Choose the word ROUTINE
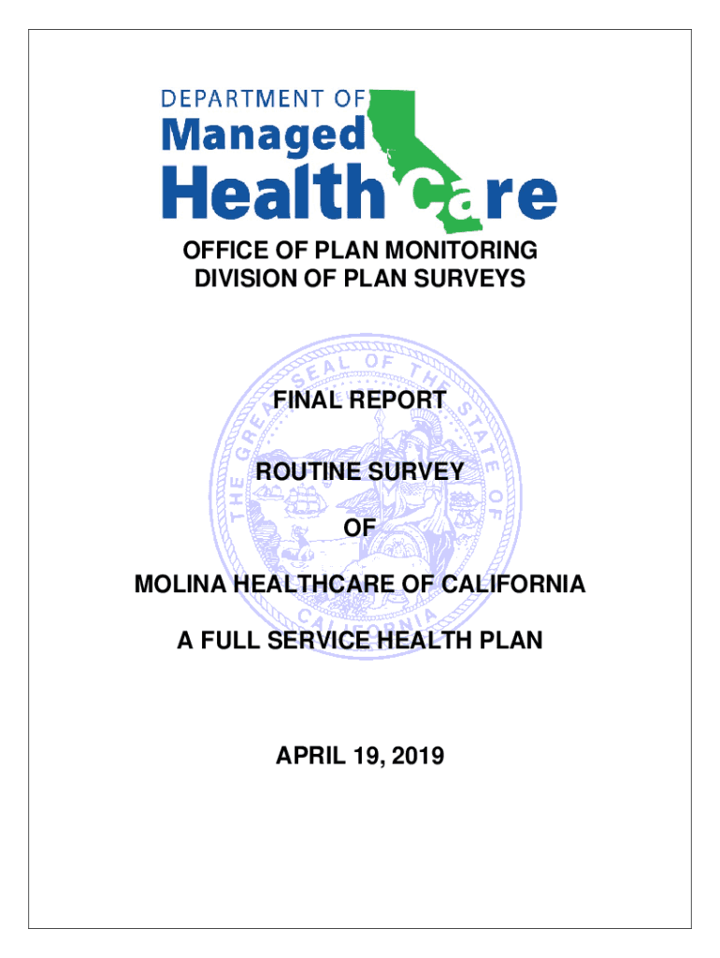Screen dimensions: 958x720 coord(308,472)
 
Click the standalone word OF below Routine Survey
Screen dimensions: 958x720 coord(360,529)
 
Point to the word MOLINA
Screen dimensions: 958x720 coord(180,586)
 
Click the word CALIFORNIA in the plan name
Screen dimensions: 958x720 coord(517,586)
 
